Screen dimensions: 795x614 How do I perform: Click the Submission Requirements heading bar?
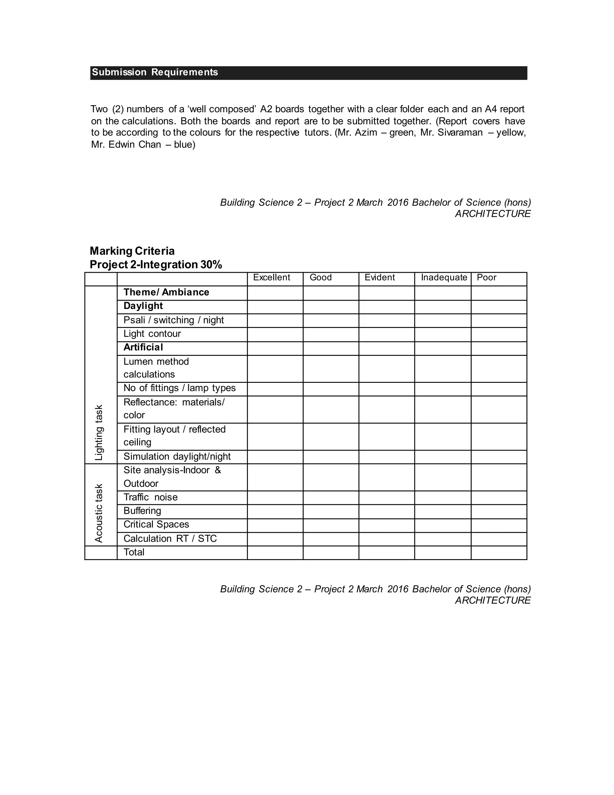coord(308,73)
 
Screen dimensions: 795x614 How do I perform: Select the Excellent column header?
coord(271,278)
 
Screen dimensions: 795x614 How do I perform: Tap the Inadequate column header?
coord(444,278)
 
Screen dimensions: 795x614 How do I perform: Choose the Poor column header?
coord(486,278)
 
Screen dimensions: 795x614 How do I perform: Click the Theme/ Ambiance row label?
coord(166,292)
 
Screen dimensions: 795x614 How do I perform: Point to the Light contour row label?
coord(152,334)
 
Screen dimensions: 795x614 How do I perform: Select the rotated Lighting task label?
coord(99,432)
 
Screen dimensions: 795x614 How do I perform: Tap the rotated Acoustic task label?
coord(99,513)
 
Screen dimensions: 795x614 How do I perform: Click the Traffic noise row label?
coord(151,497)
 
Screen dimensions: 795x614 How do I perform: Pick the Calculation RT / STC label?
coord(170,538)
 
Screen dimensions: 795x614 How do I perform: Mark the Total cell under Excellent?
coord(275,553)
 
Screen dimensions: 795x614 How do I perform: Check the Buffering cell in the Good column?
coord(331,511)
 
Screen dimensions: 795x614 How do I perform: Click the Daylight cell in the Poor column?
coord(499,307)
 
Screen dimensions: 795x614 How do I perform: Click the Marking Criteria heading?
coord(132,251)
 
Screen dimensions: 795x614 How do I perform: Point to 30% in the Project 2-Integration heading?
coord(211,265)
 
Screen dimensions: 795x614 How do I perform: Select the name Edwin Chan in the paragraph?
coord(135,145)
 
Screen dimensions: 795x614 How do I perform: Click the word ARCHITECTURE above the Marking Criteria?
coord(493,214)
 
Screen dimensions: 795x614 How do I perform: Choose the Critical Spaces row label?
coord(156,524)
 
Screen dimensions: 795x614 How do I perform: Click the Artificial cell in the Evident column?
coord(386,348)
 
